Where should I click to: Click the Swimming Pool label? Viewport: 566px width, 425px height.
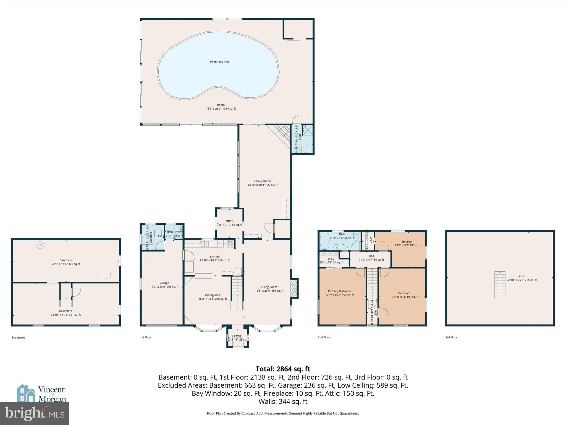click(x=219, y=62)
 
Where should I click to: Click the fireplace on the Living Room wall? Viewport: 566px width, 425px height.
click(x=294, y=288)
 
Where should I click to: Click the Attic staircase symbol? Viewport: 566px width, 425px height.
click(x=500, y=285)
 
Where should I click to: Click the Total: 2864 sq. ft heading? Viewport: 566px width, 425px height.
click(x=283, y=369)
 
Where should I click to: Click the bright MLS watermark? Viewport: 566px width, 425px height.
click(x=34, y=413)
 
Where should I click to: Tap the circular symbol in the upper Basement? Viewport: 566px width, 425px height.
click(x=41, y=245)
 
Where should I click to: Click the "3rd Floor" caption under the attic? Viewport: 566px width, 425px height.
click(x=451, y=337)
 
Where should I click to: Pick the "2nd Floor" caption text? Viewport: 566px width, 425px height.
click(x=324, y=337)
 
